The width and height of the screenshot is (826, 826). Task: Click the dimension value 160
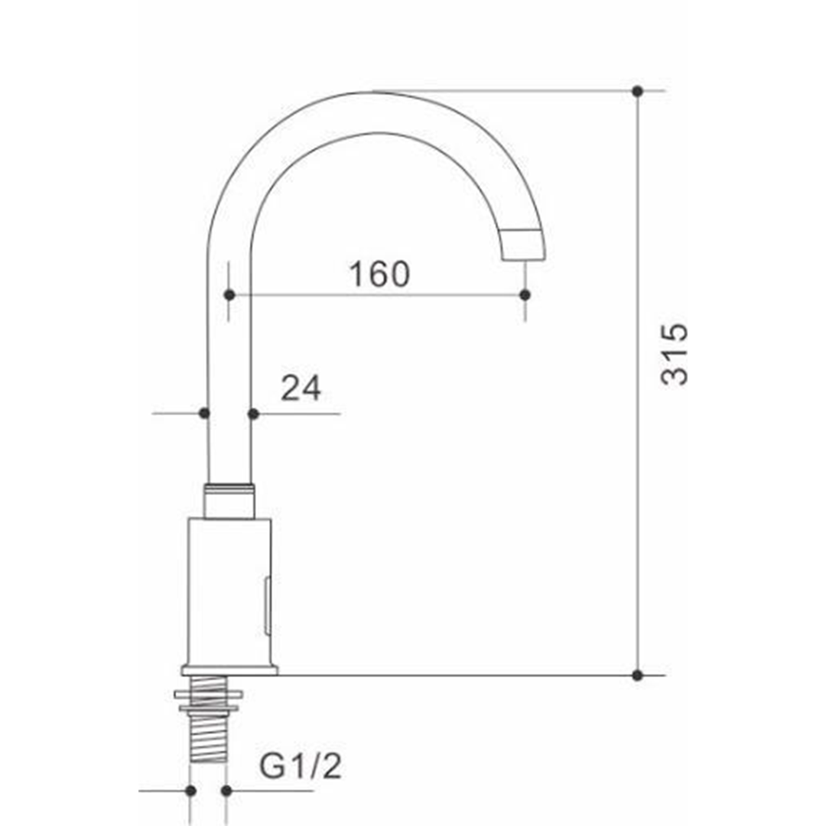tap(379, 274)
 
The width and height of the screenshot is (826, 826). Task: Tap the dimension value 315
tap(675, 355)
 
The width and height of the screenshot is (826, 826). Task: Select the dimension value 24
tap(301, 389)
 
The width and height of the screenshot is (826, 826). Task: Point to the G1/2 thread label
tap(301, 766)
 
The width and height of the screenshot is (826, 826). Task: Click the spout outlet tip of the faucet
tap(522, 245)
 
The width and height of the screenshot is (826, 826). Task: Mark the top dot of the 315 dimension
tap(637, 91)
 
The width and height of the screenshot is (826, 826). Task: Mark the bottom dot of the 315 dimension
tap(637, 675)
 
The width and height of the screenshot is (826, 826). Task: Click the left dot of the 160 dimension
tap(229, 295)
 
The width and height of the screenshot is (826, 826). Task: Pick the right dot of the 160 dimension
tap(525, 295)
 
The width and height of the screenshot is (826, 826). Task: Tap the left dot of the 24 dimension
tap(204, 414)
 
